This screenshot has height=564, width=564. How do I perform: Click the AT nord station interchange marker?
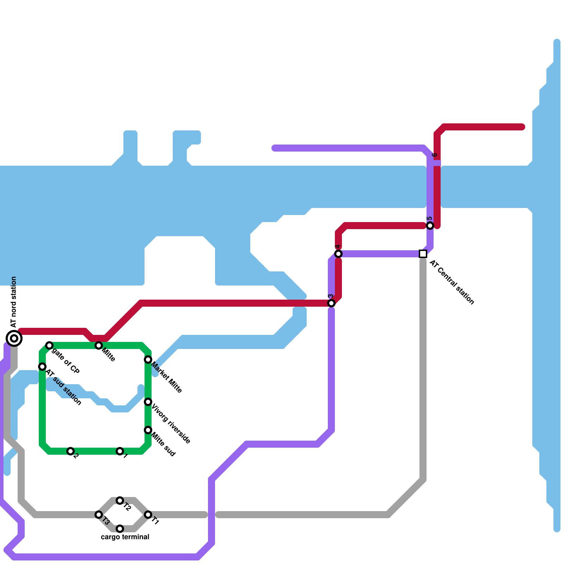tap(14, 338)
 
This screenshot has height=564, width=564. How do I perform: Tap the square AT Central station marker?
tap(423, 254)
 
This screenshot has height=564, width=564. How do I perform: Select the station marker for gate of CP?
tap(49, 345)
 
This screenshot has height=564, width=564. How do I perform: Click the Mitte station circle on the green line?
tap(99, 345)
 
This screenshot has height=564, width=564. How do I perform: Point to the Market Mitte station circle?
tap(148, 360)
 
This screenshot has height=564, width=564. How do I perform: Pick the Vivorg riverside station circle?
tap(148, 402)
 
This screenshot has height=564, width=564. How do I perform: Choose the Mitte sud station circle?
tap(148, 430)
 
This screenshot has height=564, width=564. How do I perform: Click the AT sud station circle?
tap(42, 367)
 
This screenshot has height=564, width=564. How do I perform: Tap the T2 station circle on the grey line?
tap(120, 501)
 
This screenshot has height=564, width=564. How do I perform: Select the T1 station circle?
tap(148, 515)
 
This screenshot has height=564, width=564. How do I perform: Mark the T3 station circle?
tap(99, 515)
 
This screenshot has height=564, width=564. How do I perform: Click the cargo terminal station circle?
tap(120, 529)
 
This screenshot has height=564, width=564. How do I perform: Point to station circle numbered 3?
tap(331, 303)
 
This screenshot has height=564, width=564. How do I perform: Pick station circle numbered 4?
tap(338, 254)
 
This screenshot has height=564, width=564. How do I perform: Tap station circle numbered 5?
tap(430, 226)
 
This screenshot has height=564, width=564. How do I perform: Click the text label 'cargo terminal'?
tap(125, 537)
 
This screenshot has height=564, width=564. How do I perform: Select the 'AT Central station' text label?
tap(452, 282)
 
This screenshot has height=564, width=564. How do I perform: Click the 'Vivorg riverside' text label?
tap(171, 424)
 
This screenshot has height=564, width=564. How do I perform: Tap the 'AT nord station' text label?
tap(14, 302)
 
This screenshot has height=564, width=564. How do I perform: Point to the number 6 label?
tap(435, 155)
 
